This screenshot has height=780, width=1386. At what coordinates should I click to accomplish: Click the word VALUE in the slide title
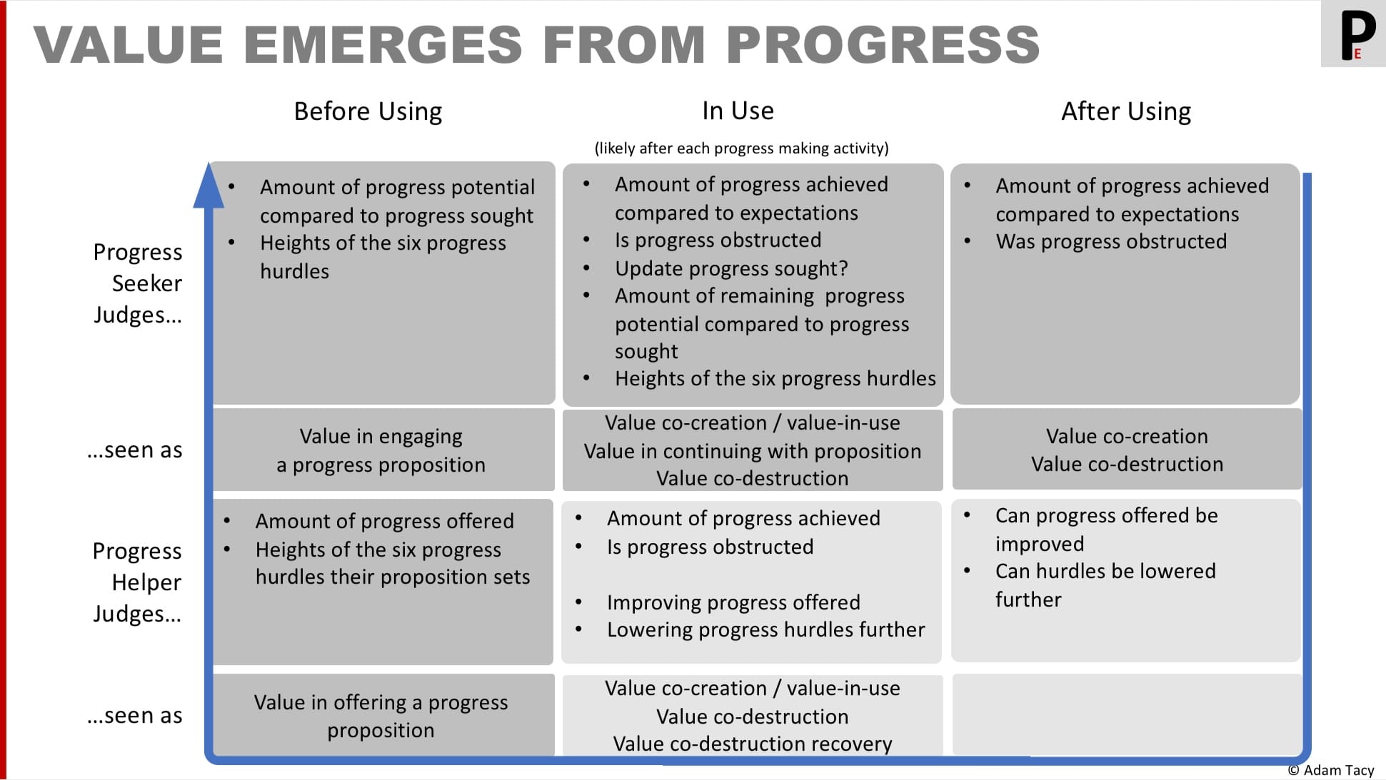(129, 44)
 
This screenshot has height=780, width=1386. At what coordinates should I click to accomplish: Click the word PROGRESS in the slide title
(883, 44)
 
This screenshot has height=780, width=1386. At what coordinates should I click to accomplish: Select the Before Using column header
(368, 111)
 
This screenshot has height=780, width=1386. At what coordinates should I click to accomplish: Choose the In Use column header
(738, 111)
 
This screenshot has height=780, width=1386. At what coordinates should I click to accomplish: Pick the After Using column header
(1126, 111)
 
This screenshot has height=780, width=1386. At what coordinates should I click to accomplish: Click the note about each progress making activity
(741, 148)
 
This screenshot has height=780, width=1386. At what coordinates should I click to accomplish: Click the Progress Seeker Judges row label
(138, 283)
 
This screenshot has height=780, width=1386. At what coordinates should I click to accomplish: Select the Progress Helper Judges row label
(137, 582)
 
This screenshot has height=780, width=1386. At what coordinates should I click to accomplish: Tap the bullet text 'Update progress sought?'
(731, 268)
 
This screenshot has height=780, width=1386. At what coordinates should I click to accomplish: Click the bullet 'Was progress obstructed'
(1111, 241)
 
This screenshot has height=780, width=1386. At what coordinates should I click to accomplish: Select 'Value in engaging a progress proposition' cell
(381, 450)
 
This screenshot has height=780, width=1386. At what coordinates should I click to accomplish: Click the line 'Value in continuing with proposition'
(753, 451)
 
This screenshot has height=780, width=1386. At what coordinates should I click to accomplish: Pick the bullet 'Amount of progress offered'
(384, 521)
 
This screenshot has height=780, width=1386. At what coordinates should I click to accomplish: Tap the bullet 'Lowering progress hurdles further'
(765, 629)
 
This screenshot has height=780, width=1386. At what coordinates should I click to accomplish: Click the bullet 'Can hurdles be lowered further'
(1105, 585)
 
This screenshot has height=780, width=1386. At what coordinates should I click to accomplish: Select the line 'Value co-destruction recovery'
(753, 744)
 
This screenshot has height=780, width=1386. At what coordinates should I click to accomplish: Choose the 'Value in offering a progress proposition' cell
(381, 716)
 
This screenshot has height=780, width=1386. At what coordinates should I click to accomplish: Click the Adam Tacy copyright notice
(1331, 770)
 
